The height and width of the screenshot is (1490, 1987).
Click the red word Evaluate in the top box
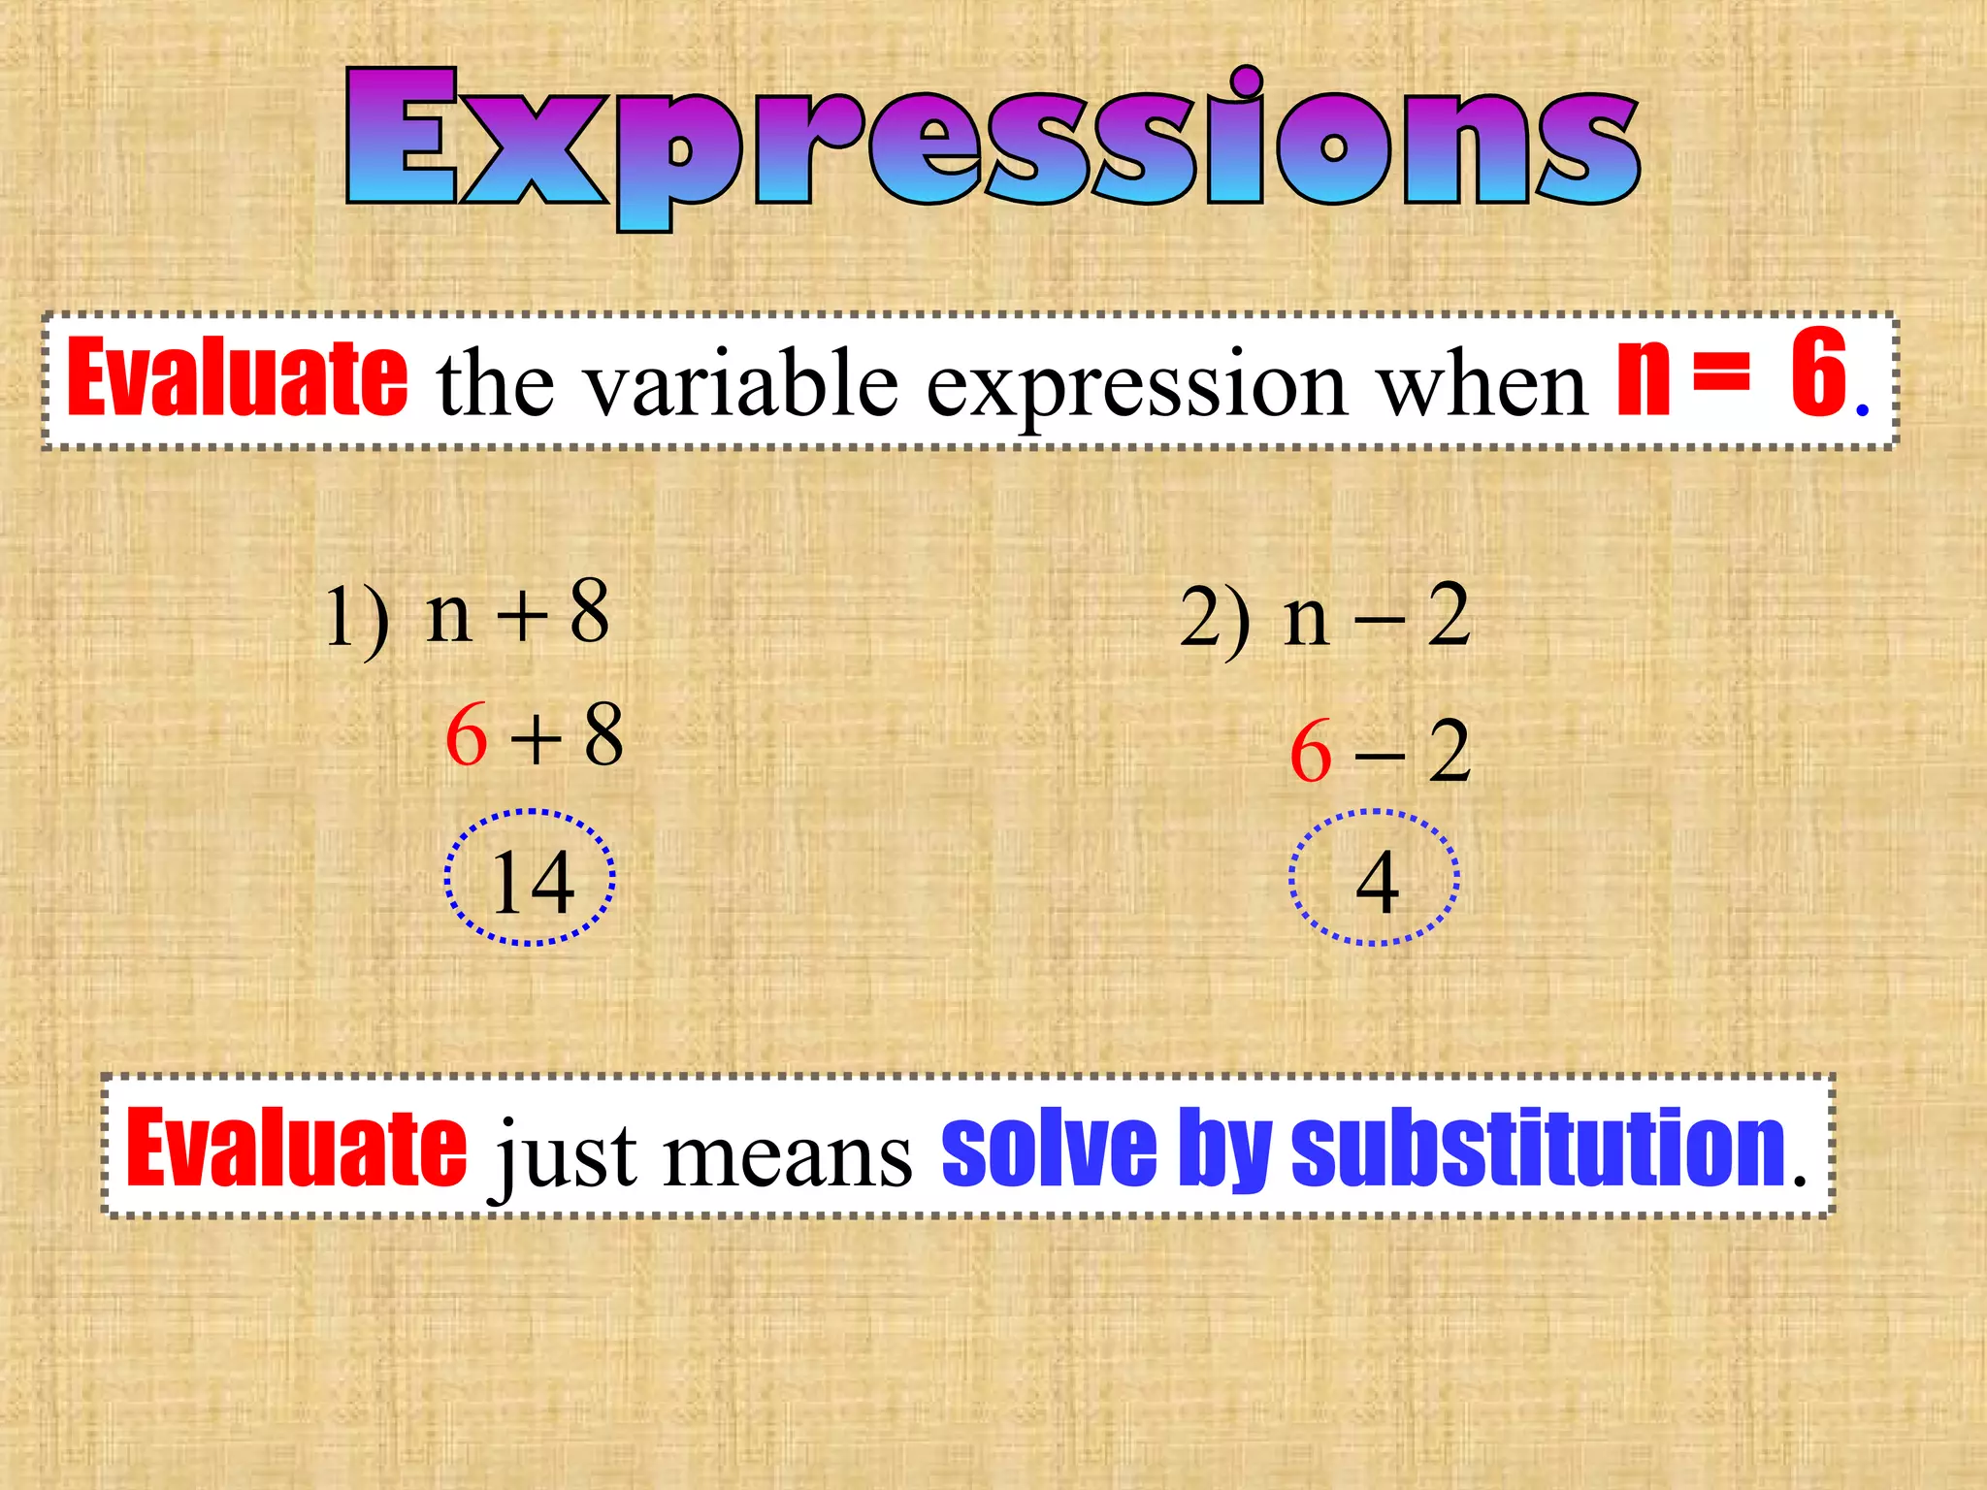(x=237, y=378)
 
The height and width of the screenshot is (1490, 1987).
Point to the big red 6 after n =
(x=1817, y=373)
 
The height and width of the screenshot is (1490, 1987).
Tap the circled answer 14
(x=532, y=881)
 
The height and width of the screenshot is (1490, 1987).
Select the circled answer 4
(x=1377, y=881)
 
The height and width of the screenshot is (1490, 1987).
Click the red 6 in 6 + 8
(x=467, y=735)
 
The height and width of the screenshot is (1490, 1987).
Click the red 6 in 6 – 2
(x=1311, y=752)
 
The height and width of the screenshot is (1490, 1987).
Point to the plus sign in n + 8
(x=522, y=615)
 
